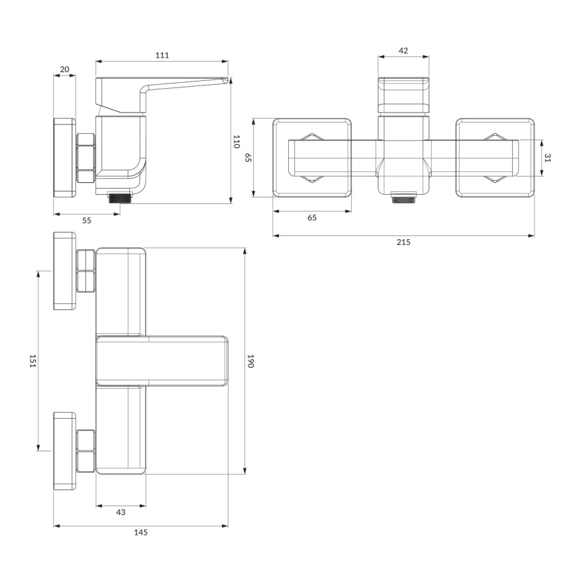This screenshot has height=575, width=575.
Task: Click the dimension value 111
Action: pyautogui.click(x=162, y=55)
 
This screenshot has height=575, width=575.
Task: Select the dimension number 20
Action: pyautogui.click(x=65, y=69)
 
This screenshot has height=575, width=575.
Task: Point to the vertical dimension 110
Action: pyautogui.click(x=236, y=141)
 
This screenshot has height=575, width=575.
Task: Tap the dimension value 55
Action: pyautogui.click(x=87, y=221)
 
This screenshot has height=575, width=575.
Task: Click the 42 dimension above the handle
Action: pyautogui.click(x=403, y=50)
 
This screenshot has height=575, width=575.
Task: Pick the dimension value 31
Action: pyautogui.click(x=548, y=158)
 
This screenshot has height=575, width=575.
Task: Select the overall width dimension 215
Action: pyautogui.click(x=403, y=242)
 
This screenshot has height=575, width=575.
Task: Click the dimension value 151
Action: pyautogui.click(x=32, y=360)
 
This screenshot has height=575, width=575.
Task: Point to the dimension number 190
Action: pyautogui.click(x=251, y=360)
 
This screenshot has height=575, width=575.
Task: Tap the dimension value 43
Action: pyautogui.click(x=121, y=512)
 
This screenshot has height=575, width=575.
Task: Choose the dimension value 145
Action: pyautogui.click(x=140, y=533)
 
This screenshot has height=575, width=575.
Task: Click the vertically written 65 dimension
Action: pyautogui.click(x=248, y=158)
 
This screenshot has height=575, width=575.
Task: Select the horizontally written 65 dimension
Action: pyautogui.click(x=312, y=218)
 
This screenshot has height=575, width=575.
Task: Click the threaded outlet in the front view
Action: pyautogui.click(x=403, y=197)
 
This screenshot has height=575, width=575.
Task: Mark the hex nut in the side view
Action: pyautogui.click(x=86, y=158)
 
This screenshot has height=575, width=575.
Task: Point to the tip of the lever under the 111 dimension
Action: pyautogui.click(x=225, y=80)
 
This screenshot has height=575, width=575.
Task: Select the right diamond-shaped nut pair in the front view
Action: pyautogui.click(x=495, y=158)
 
